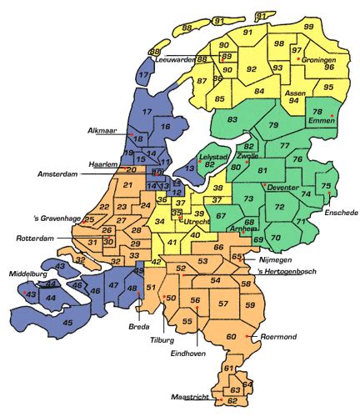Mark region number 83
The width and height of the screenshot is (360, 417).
tap(232, 120)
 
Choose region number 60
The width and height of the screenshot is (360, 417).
tap(231, 336)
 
